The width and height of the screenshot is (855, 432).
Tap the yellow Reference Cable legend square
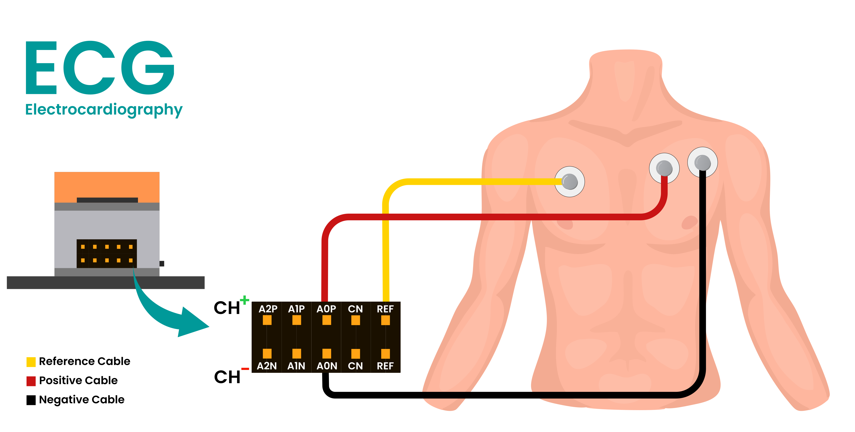(x=31, y=362)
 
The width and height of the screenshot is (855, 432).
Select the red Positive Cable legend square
(x=31, y=381)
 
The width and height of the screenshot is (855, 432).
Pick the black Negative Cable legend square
(x=31, y=400)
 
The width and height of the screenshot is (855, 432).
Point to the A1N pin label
(x=296, y=366)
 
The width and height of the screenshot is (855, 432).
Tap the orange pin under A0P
(x=327, y=320)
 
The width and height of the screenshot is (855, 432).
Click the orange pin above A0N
(x=327, y=353)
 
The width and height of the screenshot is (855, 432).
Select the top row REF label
(x=385, y=309)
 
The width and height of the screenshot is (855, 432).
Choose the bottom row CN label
(x=355, y=366)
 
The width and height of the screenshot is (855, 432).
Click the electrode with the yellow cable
(x=570, y=182)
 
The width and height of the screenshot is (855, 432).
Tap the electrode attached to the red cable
(x=664, y=168)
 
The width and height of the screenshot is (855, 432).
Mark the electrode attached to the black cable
(x=702, y=163)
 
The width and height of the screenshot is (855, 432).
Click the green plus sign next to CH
(x=245, y=300)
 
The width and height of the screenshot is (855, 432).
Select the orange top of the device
(x=107, y=184)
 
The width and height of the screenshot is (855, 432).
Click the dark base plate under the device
(x=106, y=282)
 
